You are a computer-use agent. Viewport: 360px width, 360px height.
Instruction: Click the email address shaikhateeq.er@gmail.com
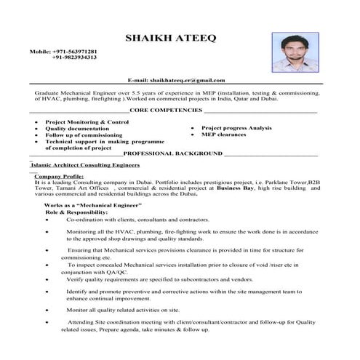coord(193,80)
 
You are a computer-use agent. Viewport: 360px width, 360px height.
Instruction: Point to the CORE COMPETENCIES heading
coord(166,110)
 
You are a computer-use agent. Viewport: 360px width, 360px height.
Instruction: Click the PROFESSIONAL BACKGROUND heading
coord(173,154)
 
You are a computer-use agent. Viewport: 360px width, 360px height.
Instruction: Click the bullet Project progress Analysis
coord(236,128)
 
